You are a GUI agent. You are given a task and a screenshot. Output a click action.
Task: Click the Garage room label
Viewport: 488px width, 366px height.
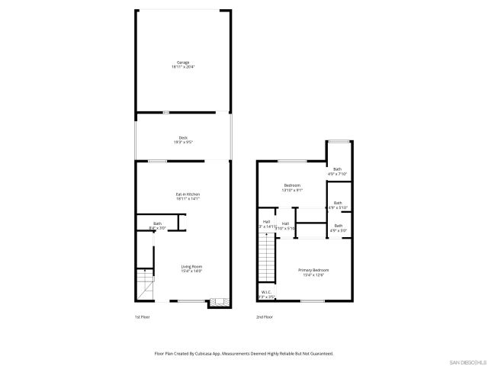[x=183, y=63]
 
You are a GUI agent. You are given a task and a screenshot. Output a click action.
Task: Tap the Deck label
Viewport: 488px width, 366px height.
[x=183, y=137]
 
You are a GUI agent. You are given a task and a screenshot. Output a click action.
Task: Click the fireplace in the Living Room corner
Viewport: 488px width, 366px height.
[x=220, y=302]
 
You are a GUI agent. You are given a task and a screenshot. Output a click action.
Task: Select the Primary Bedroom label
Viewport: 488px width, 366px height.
[x=313, y=270]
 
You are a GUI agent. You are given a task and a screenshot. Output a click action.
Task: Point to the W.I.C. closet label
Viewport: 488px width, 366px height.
[x=266, y=291]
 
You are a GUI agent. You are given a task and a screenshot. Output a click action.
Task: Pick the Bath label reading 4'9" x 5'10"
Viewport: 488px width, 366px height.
[x=337, y=204]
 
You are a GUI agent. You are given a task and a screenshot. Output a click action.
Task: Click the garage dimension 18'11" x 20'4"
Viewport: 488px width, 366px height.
[x=183, y=67]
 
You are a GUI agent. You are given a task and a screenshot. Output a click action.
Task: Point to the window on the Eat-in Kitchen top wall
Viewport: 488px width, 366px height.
[x=157, y=161]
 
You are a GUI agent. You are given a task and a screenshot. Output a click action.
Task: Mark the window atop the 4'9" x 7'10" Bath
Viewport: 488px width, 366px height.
[x=338, y=140]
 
